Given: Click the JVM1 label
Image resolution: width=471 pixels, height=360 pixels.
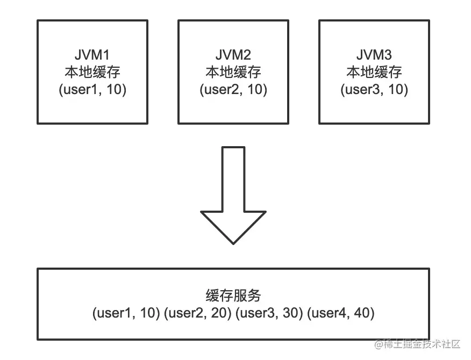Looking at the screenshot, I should (x=92, y=55).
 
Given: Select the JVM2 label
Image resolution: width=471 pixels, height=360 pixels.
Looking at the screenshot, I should (x=233, y=55).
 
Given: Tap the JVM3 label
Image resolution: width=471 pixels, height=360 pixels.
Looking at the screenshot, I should (x=374, y=55).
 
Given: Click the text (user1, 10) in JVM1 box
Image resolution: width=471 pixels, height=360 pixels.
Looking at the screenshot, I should (x=92, y=89).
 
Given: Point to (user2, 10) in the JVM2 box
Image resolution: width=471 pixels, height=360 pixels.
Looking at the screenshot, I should (x=233, y=89).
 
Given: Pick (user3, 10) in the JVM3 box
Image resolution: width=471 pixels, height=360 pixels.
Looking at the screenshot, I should (x=374, y=89).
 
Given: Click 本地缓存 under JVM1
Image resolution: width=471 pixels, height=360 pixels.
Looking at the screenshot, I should (x=92, y=72).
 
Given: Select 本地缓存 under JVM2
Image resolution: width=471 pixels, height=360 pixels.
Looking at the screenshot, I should (x=233, y=72).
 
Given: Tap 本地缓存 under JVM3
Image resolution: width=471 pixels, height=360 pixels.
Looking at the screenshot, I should (x=374, y=72).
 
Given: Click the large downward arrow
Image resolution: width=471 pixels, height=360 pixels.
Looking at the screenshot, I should (x=233, y=193).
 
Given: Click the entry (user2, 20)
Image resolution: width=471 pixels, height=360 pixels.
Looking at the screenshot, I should (x=197, y=313).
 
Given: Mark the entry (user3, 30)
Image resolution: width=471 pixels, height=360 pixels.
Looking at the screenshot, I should (x=269, y=313).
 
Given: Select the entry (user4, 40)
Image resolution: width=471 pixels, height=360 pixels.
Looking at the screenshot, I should (x=340, y=313).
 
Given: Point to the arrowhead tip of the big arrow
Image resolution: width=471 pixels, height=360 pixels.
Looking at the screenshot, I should (x=233, y=243).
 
